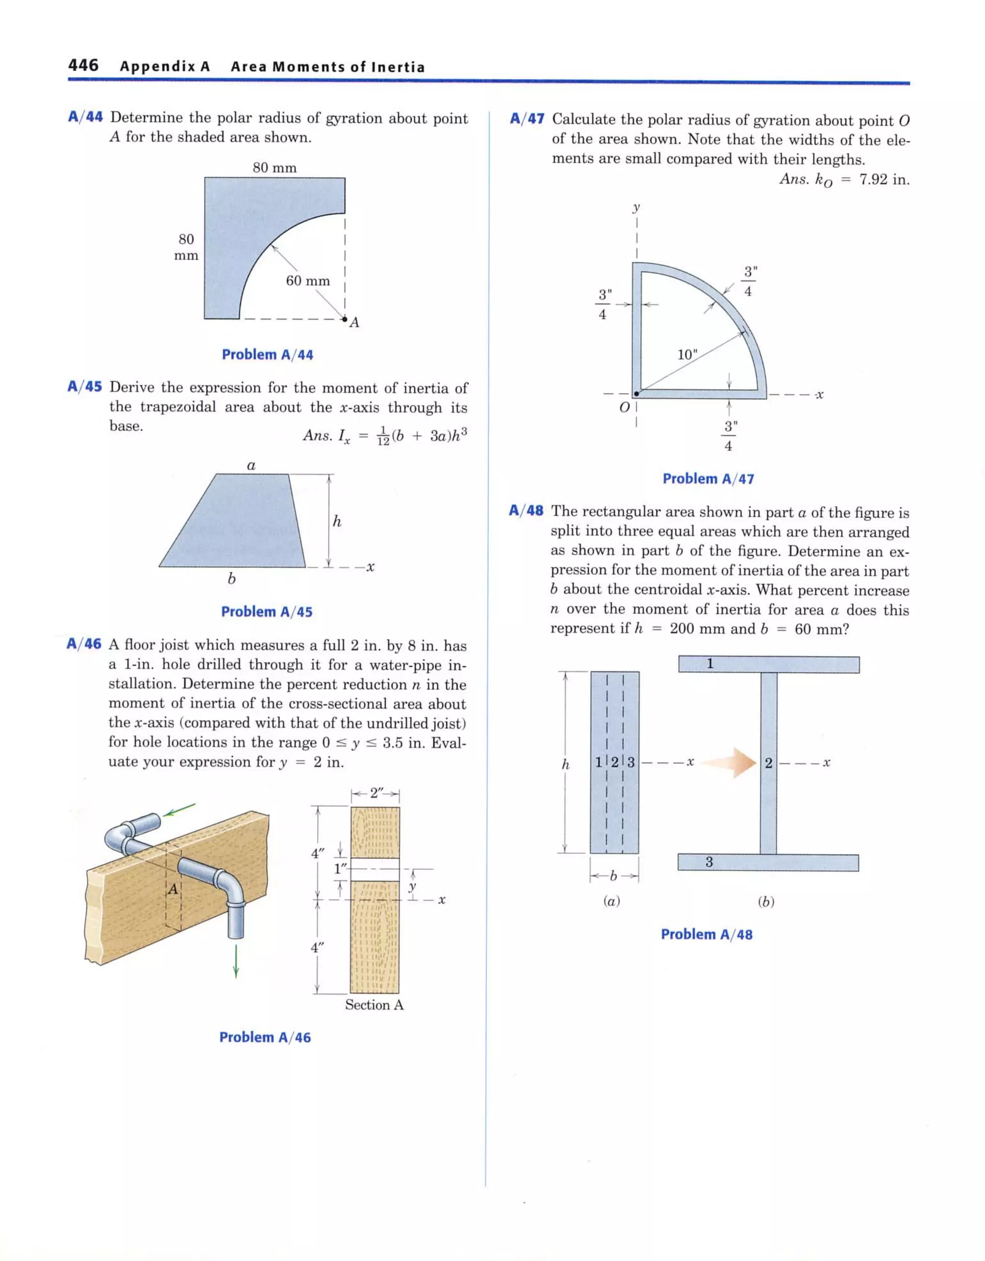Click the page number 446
click(x=83, y=65)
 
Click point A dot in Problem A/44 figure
click(x=345, y=319)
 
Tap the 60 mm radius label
click(x=308, y=281)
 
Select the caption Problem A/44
click(x=267, y=354)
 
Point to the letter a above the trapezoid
click(x=251, y=465)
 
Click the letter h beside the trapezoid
click(x=337, y=522)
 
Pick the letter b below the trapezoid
click(x=232, y=578)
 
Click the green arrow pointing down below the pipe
click(x=236, y=961)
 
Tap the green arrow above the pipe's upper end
click(x=179, y=810)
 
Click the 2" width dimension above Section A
click(x=376, y=793)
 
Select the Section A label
click(x=374, y=1005)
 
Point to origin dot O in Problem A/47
click(x=636, y=394)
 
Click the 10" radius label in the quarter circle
click(x=687, y=354)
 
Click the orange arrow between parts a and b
click(x=730, y=762)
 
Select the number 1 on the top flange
click(x=710, y=664)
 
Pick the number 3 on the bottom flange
click(x=709, y=862)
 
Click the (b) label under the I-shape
click(x=766, y=902)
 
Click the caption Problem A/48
click(x=707, y=934)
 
